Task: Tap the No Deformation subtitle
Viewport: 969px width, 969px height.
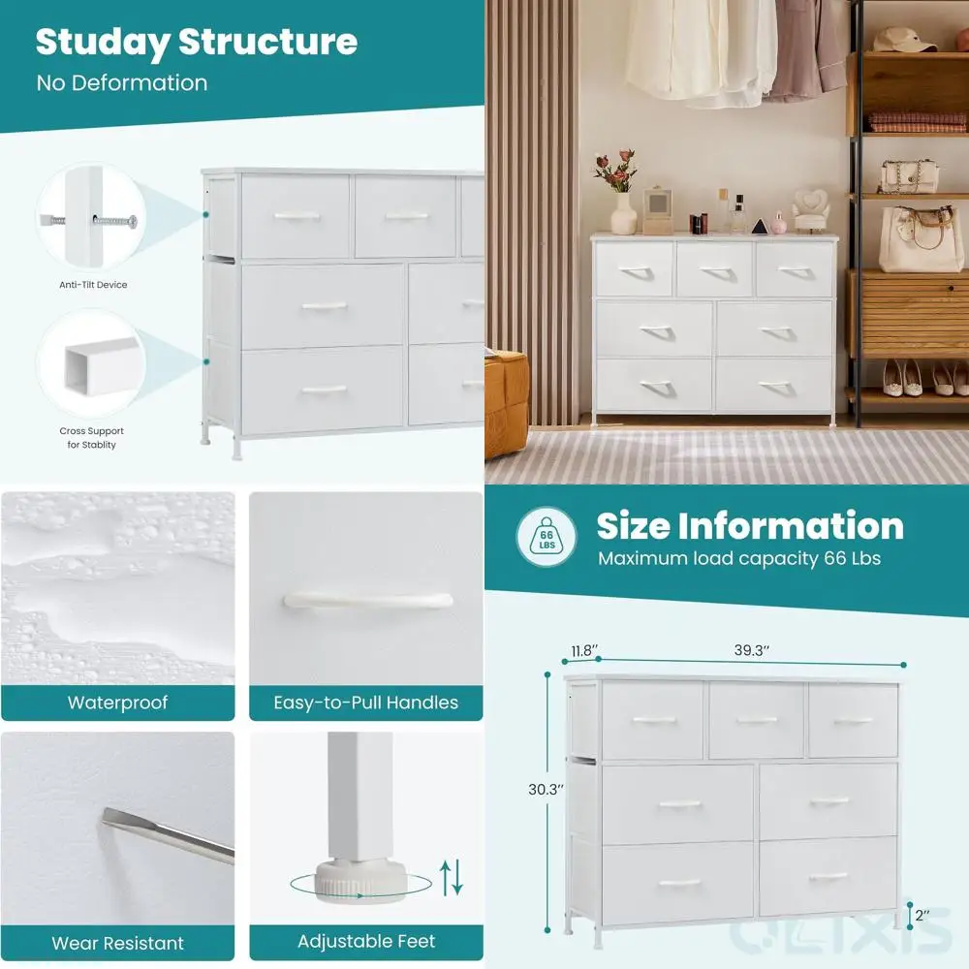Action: [122, 83]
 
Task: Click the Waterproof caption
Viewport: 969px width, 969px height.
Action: [117, 703]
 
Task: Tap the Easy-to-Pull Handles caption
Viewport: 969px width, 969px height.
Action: [365, 703]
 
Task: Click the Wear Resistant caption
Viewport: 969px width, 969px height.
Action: [117, 942]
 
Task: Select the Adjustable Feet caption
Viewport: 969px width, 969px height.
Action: [365, 942]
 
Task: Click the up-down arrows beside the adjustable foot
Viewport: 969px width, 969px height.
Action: [452, 877]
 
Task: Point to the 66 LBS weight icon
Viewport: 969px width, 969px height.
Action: [547, 537]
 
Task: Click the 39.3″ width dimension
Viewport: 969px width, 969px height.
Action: [751, 651]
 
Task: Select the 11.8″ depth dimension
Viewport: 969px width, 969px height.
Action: [583, 651]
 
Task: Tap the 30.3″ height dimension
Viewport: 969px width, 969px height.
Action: [546, 789]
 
